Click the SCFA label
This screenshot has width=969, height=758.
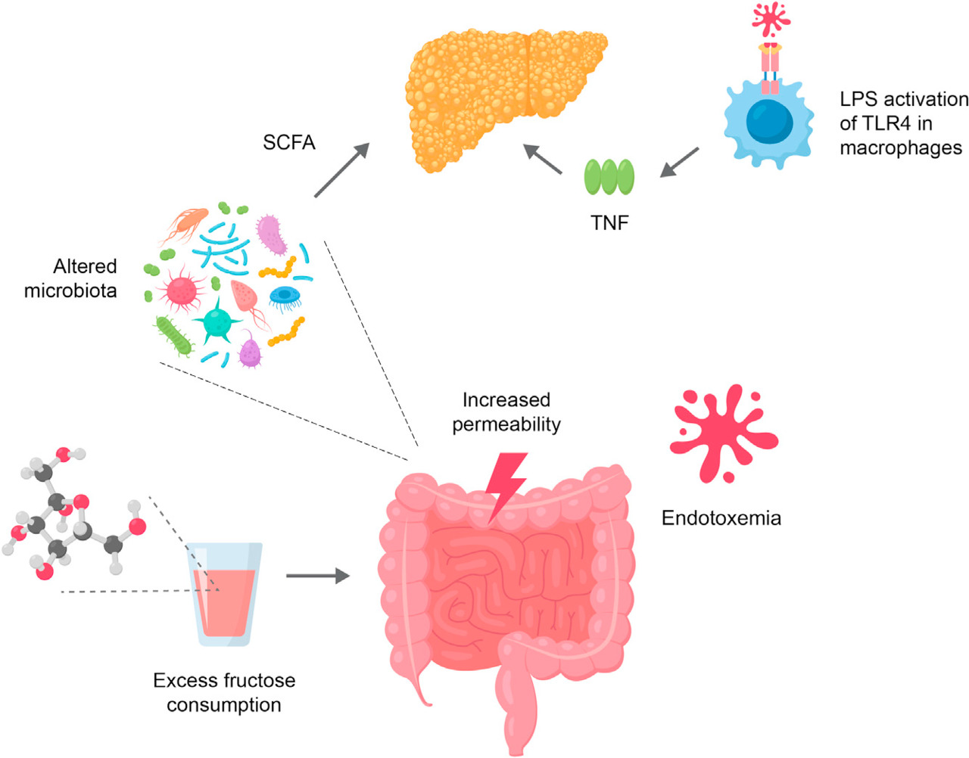(x=288, y=142)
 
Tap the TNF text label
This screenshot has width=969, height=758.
(x=609, y=222)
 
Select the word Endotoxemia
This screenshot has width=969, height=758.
(x=721, y=517)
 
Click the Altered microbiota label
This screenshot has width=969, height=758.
(x=71, y=278)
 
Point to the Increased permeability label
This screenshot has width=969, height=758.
(x=506, y=412)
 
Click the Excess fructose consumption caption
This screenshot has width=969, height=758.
(x=224, y=692)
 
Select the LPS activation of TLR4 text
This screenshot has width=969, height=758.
(x=902, y=123)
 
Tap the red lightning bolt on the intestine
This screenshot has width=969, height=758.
(x=506, y=485)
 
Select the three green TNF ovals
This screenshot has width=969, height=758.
(x=609, y=177)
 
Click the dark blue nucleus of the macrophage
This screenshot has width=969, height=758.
(x=768, y=121)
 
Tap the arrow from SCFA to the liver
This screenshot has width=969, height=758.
(x=341, y=170)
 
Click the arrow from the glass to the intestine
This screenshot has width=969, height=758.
(x=317, y=576)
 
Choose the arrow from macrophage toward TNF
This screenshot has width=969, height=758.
(x=679, y=162)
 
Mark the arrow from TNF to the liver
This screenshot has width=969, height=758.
(x=543, y=159)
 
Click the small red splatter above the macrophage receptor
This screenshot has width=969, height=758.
(x=771, y=19)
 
